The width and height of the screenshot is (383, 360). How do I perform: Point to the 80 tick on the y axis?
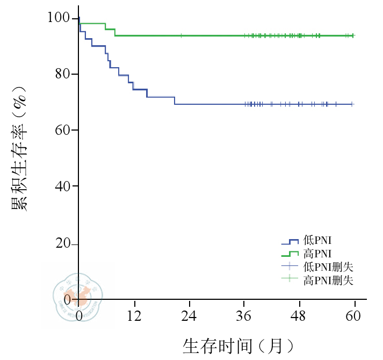(x=63, y=74)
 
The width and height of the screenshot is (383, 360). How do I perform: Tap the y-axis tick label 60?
(x=63, y=130)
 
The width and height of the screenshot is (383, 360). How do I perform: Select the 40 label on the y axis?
(x=63, y=186)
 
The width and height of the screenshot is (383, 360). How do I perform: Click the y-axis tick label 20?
(x=63, y=243)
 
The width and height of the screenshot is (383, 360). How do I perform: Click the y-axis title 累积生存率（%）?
(x=20, y=145)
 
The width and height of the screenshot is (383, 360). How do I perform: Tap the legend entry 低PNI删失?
(x=328, y=267)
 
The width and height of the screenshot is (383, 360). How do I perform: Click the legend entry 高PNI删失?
(x=328, y=280)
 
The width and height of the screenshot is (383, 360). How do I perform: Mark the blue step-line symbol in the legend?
(x=290, y=241)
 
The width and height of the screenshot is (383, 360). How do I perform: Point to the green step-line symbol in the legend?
(x=290, y=254)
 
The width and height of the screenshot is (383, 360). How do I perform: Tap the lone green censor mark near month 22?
(x=181, y=35)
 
